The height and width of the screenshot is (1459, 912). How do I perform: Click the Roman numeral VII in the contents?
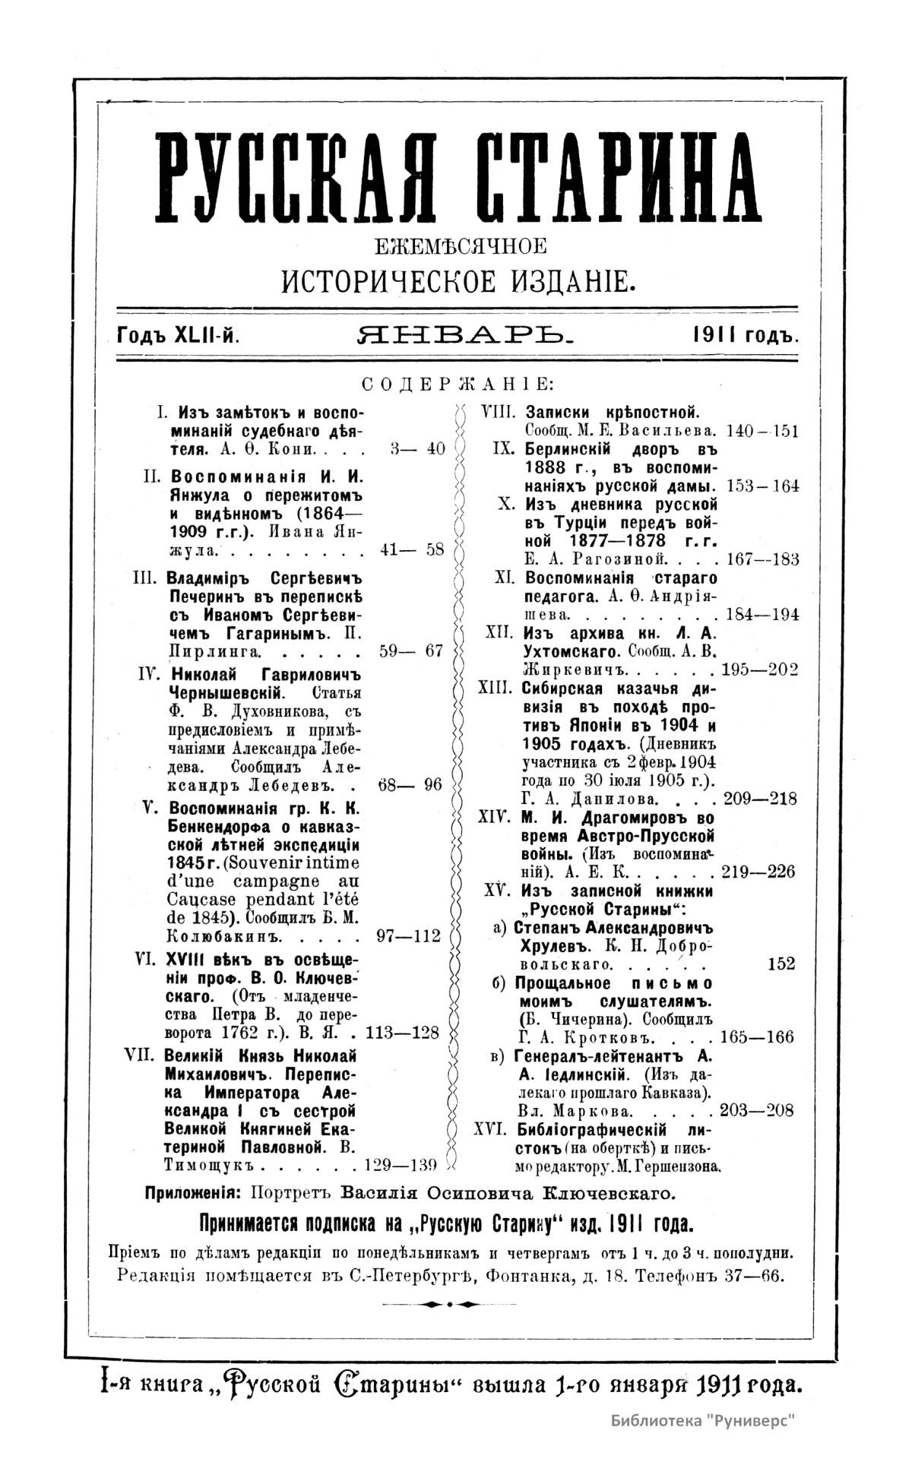pos(142,1055)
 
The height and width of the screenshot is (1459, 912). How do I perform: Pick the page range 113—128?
pos(403,1033)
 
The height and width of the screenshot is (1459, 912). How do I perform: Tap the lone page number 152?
pos(781,964)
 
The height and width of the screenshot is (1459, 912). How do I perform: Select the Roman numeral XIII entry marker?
pos(496,688)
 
